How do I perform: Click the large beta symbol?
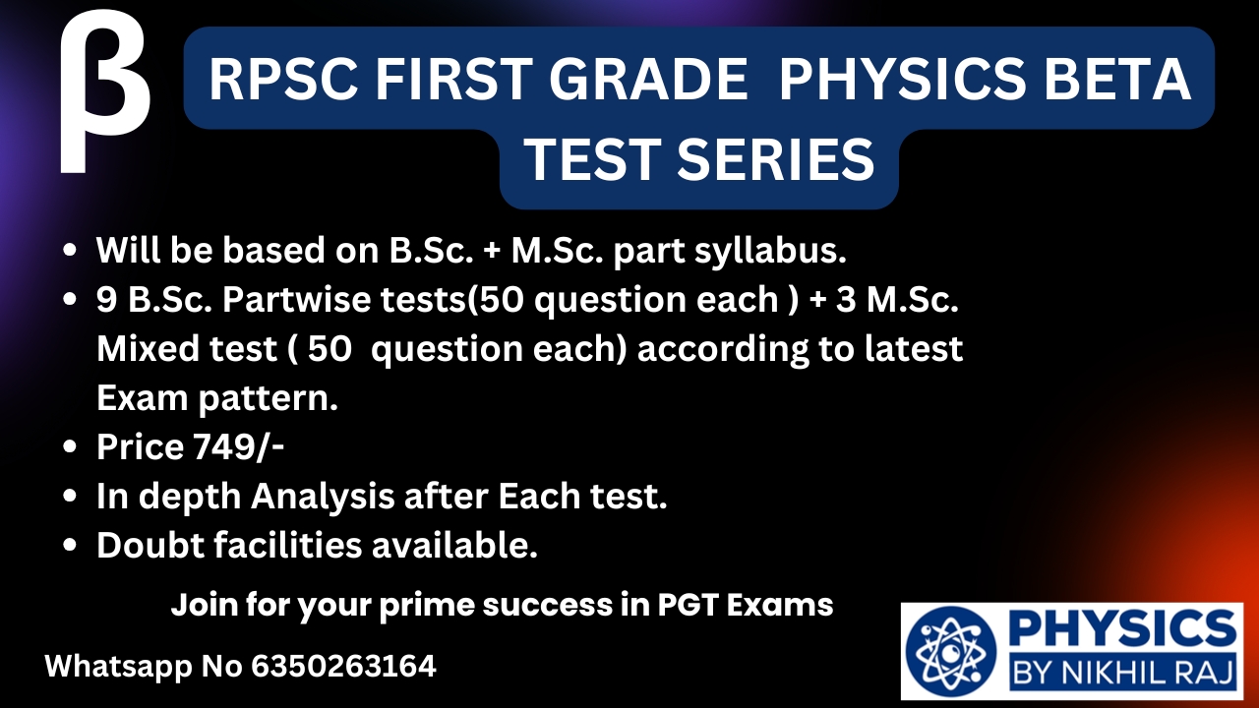coord(104,92)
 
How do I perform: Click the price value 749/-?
coord(238,447)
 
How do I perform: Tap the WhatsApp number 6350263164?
coord(343,667)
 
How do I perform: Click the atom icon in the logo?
coord(950,652)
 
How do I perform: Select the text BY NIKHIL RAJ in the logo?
coord(1123,672)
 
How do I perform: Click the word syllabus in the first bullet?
coord(770,251)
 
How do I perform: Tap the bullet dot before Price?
coord(70,447)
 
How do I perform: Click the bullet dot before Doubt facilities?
coord(70,546)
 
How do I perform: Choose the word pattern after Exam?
coord(269,399)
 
